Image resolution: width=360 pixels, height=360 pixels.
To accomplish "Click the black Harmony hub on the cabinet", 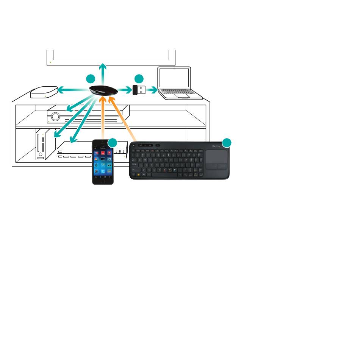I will point(102,91).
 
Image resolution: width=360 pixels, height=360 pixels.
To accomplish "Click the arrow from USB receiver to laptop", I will point(152,90).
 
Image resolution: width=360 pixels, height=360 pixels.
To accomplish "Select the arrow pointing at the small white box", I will point(70,90).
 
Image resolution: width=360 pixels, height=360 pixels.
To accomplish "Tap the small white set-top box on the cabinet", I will point(44,92).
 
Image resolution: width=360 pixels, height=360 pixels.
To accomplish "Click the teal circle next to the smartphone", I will point(113,143).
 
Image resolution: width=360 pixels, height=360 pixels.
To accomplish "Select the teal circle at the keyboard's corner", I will point(226,143).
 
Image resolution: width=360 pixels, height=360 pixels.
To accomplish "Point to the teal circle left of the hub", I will point(90,79).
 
